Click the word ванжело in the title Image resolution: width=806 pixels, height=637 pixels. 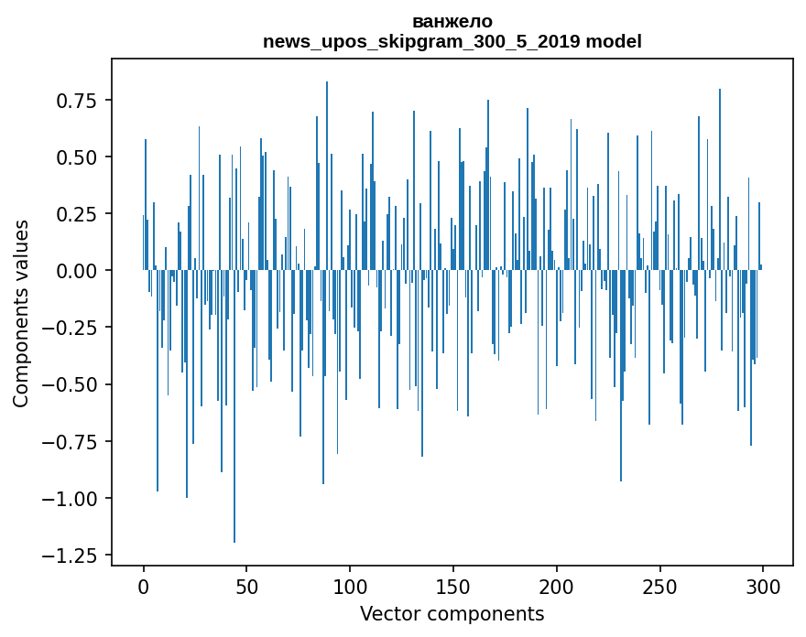pos(452,21)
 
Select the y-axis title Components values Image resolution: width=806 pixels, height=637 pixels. pos(21,313)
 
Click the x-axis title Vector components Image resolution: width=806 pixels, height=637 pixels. pos(452,613)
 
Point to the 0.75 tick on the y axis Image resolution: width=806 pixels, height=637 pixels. pos(76,100)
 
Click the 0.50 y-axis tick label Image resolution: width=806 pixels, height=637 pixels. pos(76,157)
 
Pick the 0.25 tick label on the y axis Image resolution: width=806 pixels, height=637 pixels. pos(76,214)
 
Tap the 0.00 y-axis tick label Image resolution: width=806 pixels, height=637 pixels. pos(76,271)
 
